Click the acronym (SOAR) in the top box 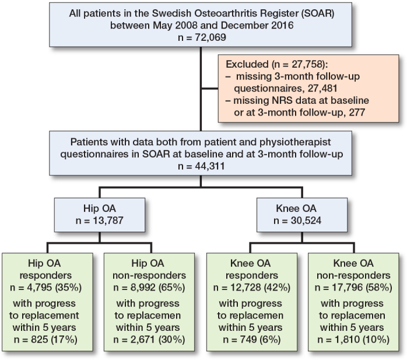click(x=297, y=13)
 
